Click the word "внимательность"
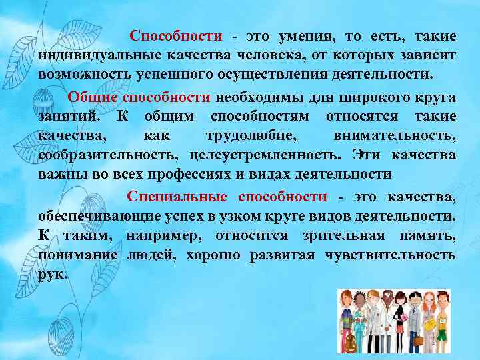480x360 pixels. (x=394, y=135)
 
